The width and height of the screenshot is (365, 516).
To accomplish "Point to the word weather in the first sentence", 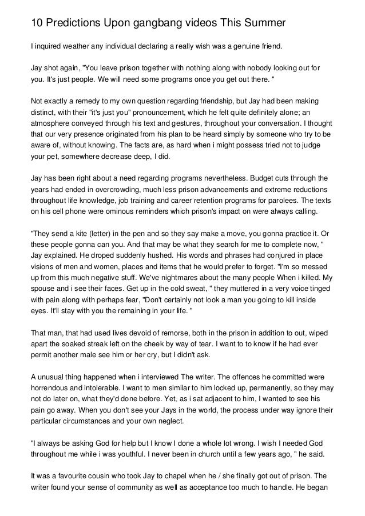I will [x=78, y=45].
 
